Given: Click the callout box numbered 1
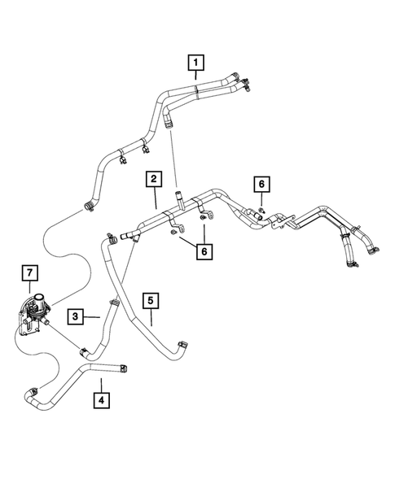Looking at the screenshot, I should click(x=196, y=61).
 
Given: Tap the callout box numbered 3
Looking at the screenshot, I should click(x=76, y=316).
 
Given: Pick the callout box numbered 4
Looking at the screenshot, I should click(x=101, y=400).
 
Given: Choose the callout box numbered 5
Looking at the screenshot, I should click(x=151, y=301).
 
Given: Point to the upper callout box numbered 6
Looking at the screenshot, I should click(x=261, y=185).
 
